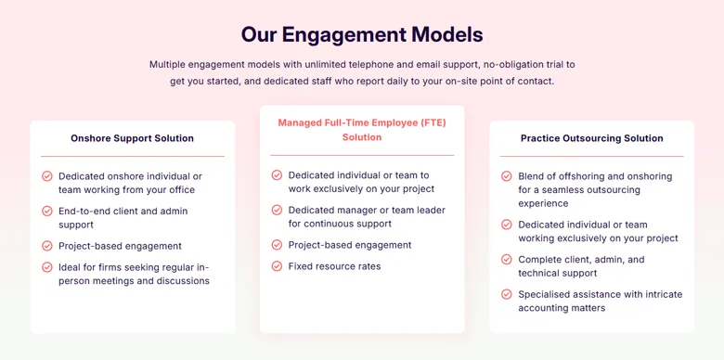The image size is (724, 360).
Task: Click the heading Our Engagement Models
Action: point(362,35)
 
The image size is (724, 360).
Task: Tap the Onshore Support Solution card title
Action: point(132,138)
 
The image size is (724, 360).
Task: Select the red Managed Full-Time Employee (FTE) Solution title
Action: point(362,130)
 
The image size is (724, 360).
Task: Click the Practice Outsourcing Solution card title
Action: point(592,138)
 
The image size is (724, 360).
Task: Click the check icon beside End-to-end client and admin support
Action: point(47,211)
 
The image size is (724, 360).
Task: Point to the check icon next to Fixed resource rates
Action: point(277,266)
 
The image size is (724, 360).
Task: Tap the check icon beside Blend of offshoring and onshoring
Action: point(507,176)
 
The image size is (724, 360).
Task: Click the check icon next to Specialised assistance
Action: point(507,294)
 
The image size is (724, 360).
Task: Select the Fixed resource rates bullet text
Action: point(335,266)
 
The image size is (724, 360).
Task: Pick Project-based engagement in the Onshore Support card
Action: point(120,246)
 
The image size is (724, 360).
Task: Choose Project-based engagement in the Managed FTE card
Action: point(350,245)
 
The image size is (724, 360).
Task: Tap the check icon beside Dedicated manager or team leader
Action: point(277,210)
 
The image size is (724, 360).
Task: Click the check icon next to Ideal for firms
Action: point(47,267)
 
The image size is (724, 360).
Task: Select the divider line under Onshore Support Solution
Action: point(133,157)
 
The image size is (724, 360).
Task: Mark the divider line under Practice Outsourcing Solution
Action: point(592,157)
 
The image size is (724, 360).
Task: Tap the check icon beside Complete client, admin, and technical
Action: point(507,260)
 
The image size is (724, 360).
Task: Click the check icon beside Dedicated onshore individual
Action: point(47,176)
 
